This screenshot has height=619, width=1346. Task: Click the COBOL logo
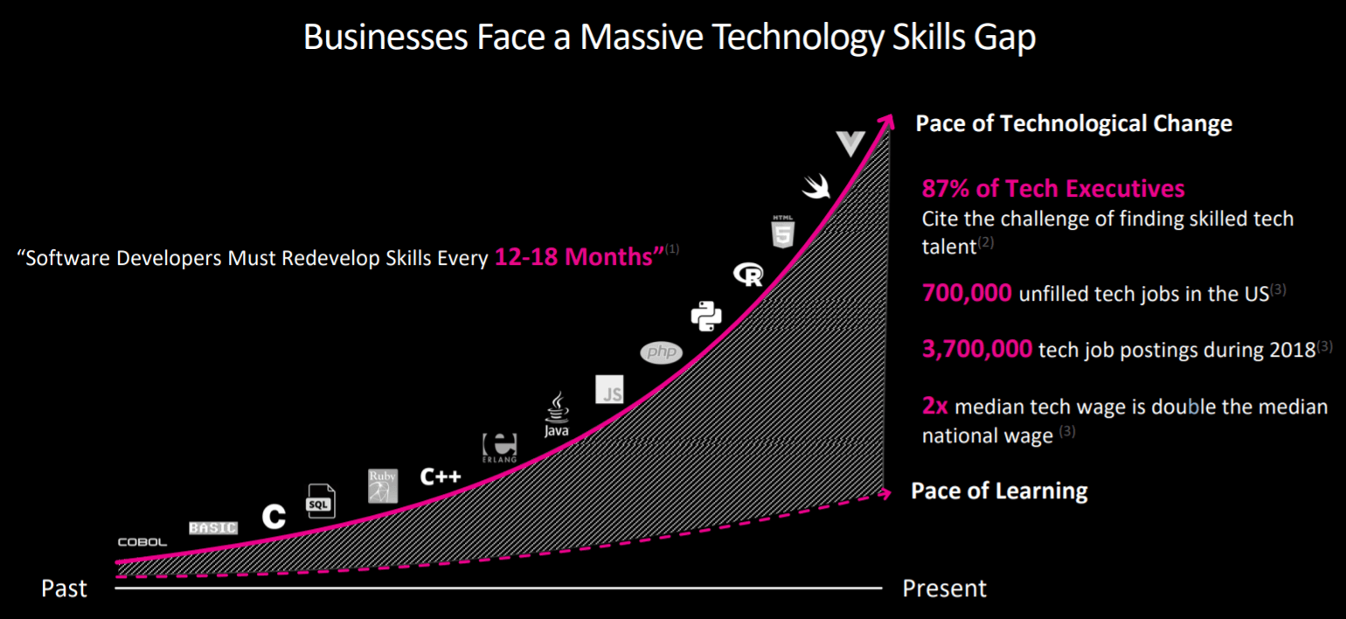142,542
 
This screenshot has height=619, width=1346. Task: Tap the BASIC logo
213,527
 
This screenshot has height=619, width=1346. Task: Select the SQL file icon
320,501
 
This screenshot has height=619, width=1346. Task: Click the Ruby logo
383,486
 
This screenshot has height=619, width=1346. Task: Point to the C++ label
440,476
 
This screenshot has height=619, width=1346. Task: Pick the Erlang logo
500,447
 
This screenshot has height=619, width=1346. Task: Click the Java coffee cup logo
557,414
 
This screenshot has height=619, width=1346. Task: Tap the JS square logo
609,389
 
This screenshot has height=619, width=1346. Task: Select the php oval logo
661,352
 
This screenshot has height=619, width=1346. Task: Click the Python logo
706,316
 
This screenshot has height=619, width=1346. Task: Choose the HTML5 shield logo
782,230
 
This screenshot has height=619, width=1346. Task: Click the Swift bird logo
817,185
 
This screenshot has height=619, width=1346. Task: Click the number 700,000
967,293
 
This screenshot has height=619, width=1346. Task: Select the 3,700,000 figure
977,350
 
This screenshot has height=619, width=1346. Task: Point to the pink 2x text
934,407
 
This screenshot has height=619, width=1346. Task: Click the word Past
64,588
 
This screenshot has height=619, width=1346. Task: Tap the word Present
944,588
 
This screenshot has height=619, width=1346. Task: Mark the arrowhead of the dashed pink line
885,493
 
